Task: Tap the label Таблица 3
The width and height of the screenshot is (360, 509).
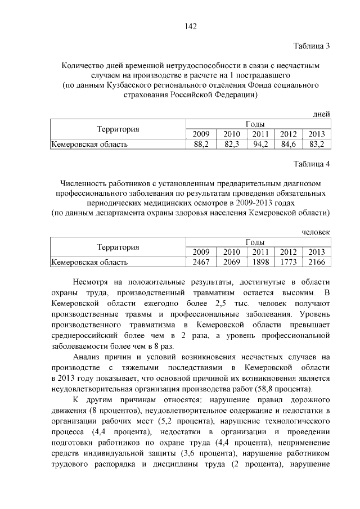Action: pyautogui.click(x=312, y=46)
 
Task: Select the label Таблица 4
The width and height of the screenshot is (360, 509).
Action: pyautogui.click(x=312, y=164)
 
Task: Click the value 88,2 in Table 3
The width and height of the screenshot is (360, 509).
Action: pyautogui.click(x=201, y=145)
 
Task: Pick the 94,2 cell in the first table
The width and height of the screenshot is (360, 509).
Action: pyautogui.click(x=260, y=145)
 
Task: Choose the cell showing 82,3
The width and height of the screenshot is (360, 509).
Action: pyautogui.click(x=231, y=145)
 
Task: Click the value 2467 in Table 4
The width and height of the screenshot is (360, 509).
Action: pyautogui.click(x=201, y=262)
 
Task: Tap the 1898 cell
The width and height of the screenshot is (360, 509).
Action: pyautogui.click(x=260, y=262)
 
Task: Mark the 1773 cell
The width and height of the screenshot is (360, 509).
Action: pyautogui.click(x=289, y=262)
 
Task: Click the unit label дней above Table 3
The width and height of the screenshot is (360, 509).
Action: pyautogui.click(x=321, y=114)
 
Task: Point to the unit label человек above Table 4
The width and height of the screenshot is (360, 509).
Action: pyautogui.click(x=316, y=232)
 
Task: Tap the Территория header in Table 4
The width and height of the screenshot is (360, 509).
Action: pyautogui.click(x=118, y=247)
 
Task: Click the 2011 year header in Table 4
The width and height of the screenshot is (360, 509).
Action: pyautogui.click(x=260, y=251)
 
